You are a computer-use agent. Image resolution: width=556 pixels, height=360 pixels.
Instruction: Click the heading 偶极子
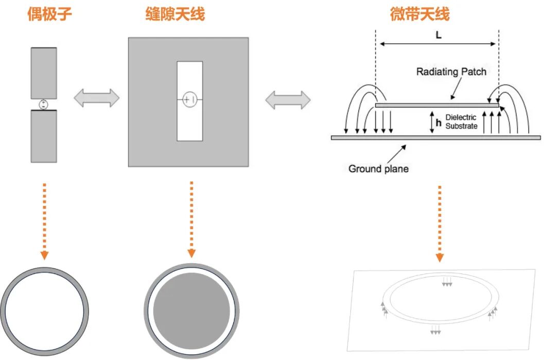point(49,14)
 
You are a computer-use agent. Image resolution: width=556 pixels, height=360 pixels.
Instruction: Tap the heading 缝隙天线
point(175,14)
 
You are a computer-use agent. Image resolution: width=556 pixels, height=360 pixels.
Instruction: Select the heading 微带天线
point(420,14)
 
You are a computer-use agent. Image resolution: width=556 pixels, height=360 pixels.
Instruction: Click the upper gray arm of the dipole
point(44,72)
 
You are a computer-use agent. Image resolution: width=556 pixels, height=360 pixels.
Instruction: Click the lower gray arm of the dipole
point(44,136)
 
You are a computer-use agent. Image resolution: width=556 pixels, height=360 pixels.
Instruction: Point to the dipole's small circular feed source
point(44,105)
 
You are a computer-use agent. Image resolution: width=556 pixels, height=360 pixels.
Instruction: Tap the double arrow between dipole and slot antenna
point(97,98)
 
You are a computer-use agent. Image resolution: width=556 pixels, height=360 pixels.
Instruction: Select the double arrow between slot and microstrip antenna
point(288,100)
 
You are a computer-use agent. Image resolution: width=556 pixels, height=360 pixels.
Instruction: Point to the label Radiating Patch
point(451,72)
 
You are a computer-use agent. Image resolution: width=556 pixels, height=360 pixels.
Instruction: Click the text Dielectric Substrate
point(461,122)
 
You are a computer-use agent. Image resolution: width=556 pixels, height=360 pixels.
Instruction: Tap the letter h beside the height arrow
point(438,122)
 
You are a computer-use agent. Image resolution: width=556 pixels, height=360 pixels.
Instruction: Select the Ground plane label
point(378,168)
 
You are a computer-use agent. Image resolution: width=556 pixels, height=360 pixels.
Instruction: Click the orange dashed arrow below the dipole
point(44,221)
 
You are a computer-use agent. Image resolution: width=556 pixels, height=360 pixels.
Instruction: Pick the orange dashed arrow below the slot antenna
point(192,219)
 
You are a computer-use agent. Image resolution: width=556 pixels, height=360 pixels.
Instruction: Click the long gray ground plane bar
point(436,138)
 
